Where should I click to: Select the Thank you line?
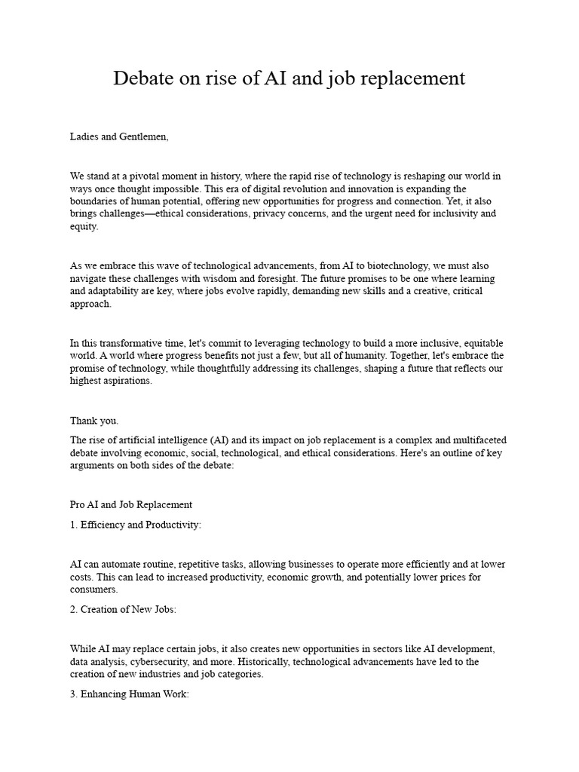pyautogui.click(x=94, y=421)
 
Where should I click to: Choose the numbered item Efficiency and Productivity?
pyautogui.click(x=136, y=525)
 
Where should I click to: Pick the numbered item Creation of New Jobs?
pyautogui.click(x=123, y=609)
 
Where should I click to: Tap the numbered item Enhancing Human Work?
pyautogui.click(x=129, y=694)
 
